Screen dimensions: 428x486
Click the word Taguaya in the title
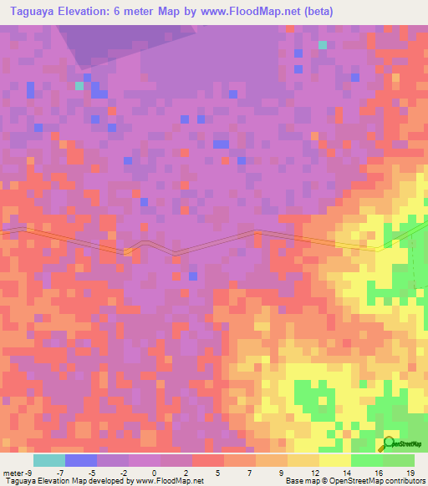coord(34,12)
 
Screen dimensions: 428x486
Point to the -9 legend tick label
coord(29,472)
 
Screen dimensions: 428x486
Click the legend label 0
coord(154,472)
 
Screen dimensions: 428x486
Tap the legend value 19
coord(410,472)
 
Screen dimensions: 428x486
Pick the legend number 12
coord(313,472)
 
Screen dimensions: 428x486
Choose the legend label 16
coord(377,472)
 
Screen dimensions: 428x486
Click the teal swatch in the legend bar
coord(49,460)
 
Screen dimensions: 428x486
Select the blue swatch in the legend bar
coord(81,460)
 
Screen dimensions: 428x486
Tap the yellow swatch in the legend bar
coord(335,460)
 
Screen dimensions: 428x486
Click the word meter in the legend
coord(13,472)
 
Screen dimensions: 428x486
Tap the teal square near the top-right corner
coord(323,45)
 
